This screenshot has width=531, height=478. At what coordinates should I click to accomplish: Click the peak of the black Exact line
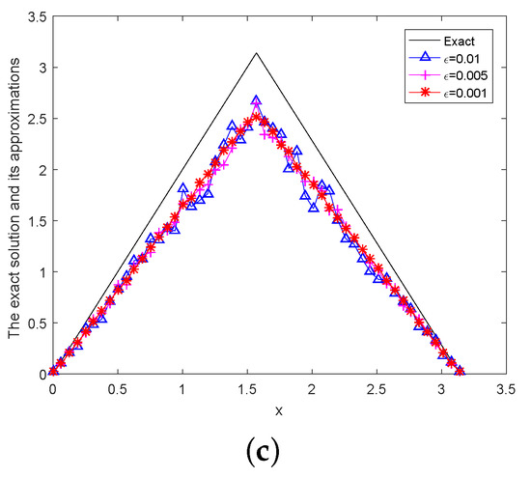coord(256,53)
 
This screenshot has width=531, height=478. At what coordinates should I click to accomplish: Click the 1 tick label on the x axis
coord(182,388)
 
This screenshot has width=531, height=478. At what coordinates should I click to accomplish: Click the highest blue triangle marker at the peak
coord(256,101)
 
